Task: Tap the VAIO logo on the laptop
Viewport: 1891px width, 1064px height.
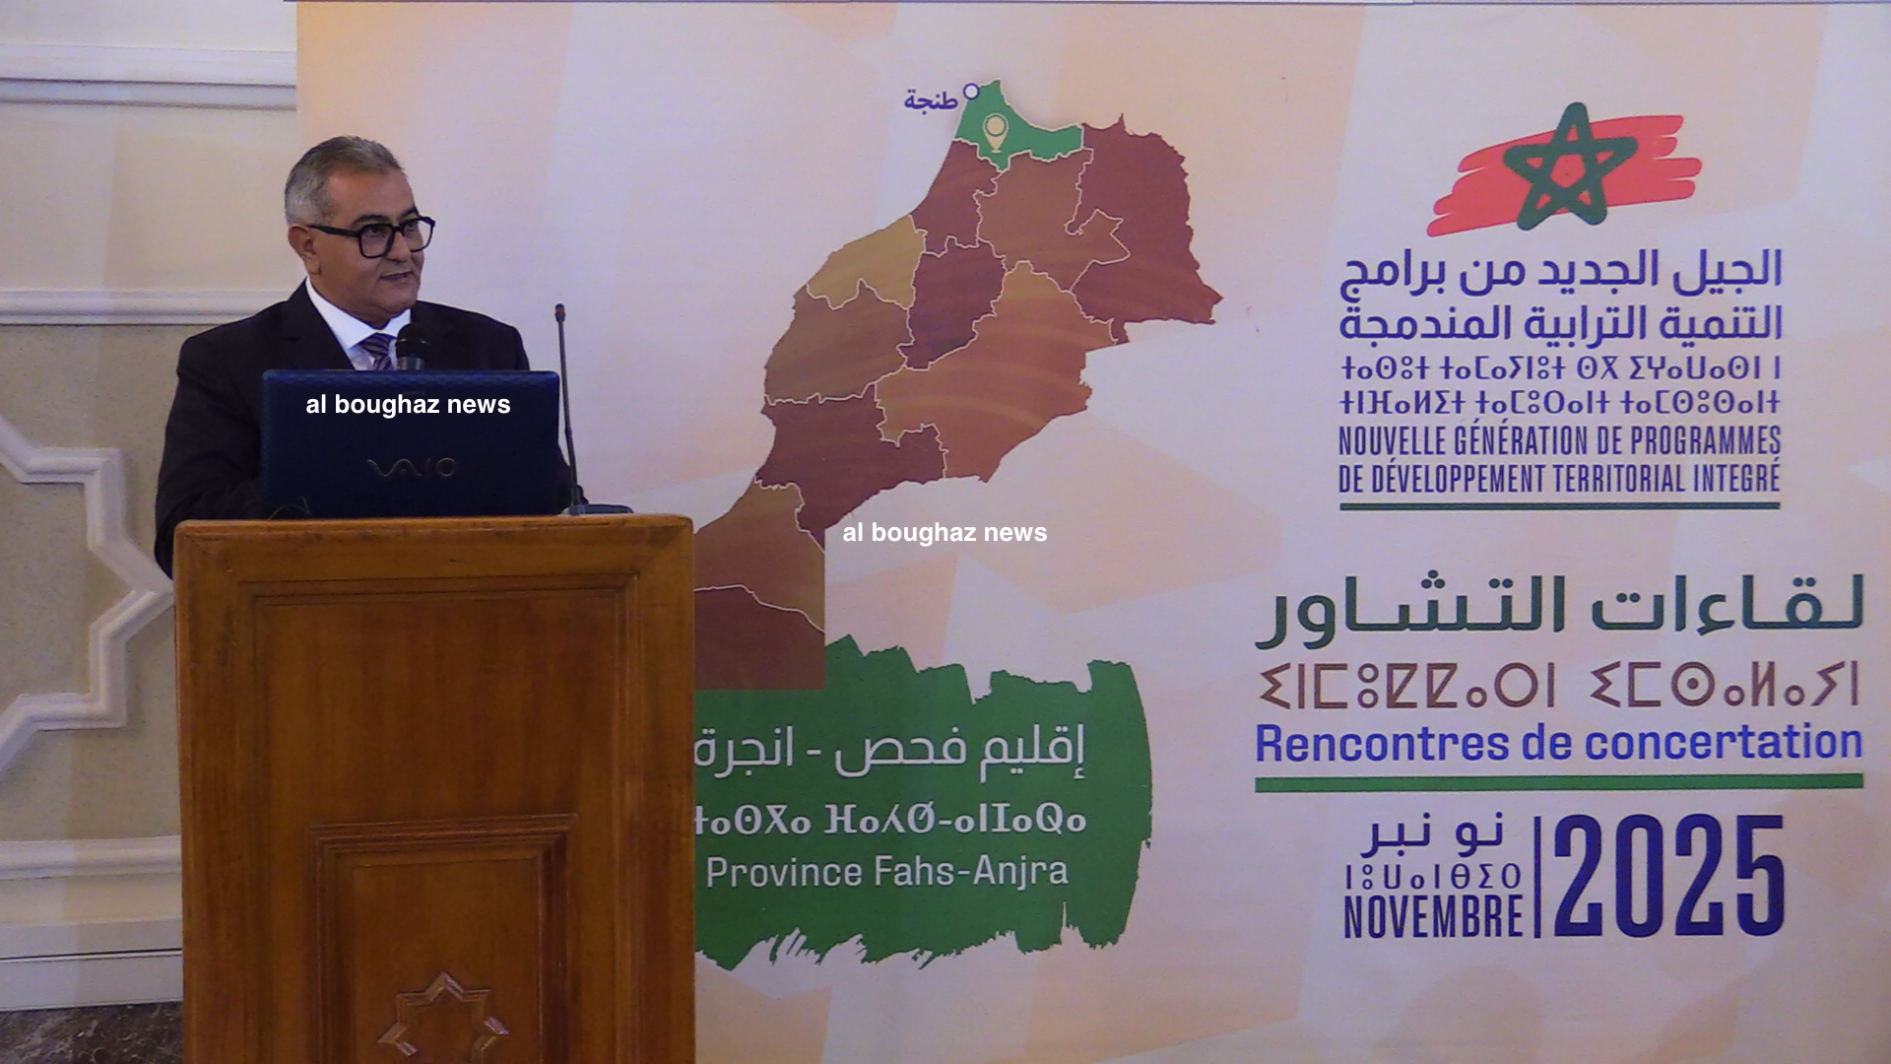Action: (412, 468)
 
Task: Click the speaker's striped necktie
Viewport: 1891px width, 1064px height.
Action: (378, 351)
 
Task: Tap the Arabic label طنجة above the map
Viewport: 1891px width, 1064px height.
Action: (931, 100)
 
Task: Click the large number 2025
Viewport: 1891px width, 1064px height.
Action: (1669, 876)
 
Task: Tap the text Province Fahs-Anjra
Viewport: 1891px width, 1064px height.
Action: (886, 872)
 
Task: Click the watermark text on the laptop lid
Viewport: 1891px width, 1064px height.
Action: (408, 404)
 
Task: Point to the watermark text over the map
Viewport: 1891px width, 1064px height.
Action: (945, 532)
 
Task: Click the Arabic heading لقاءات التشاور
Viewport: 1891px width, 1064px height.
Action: (1559, 609)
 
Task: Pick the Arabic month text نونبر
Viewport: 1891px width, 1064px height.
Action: (1434, 835)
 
